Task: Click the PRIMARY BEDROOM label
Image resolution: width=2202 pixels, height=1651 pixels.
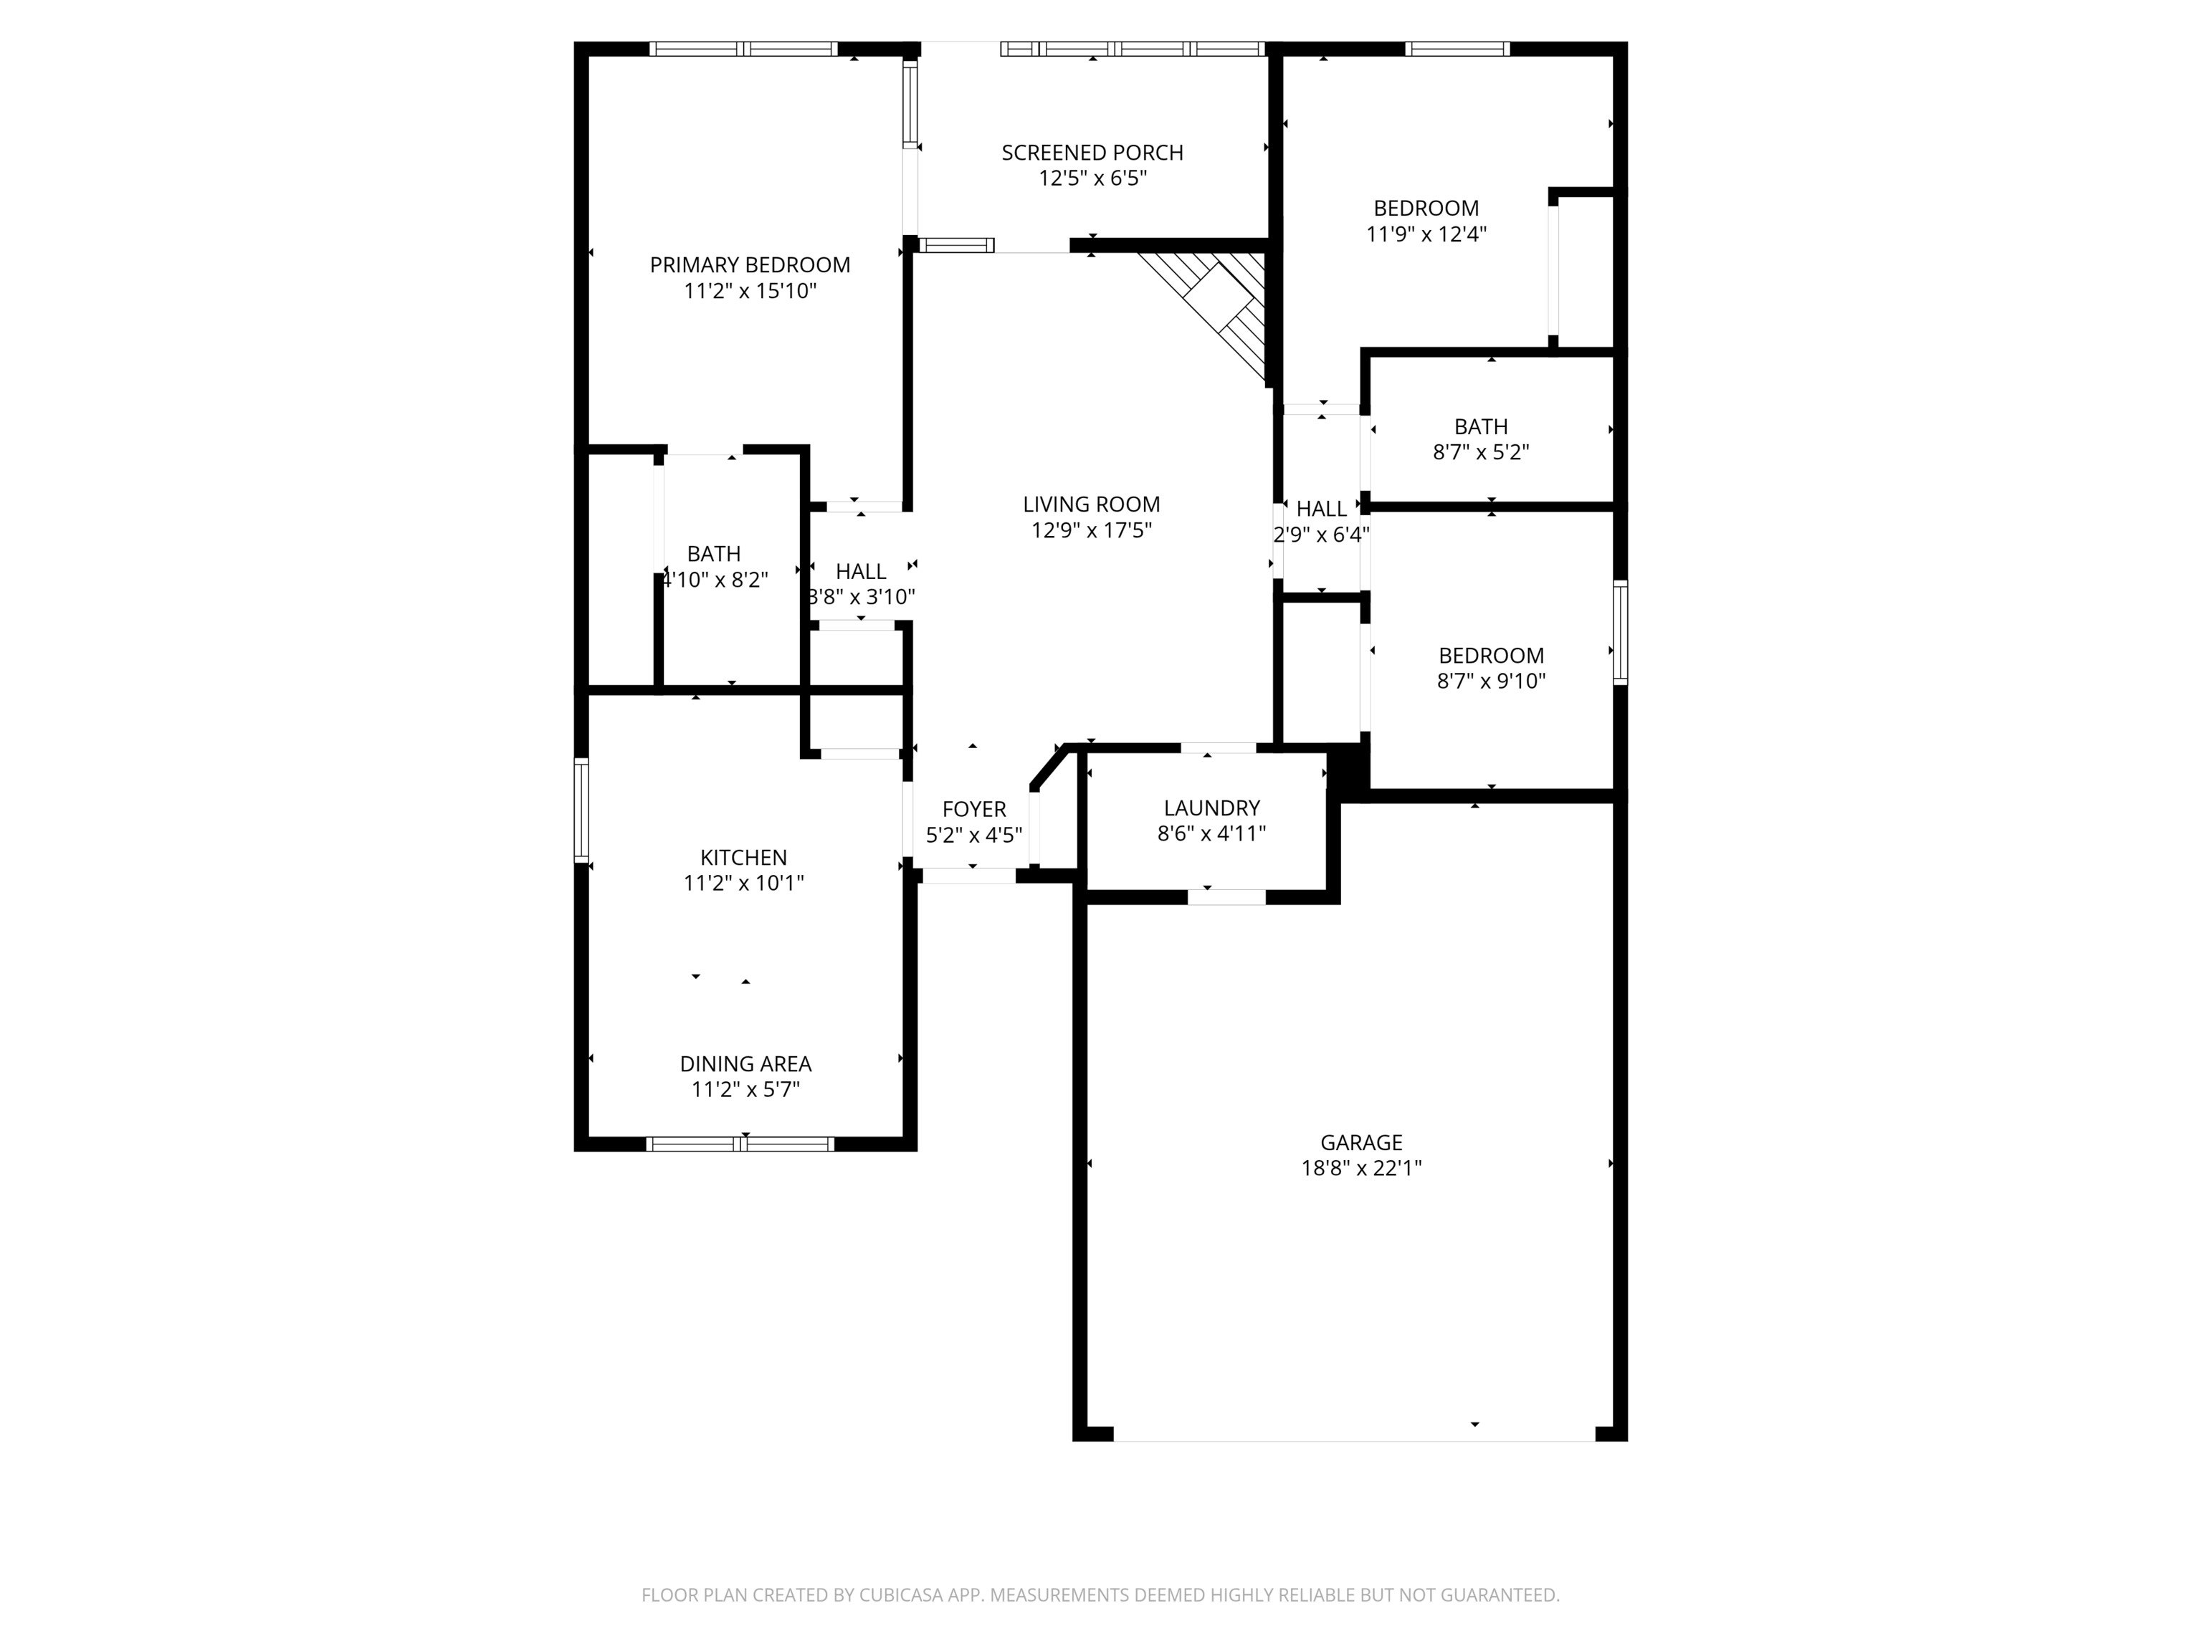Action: coord(750,264)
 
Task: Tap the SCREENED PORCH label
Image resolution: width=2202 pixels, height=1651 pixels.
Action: coord(1092,152)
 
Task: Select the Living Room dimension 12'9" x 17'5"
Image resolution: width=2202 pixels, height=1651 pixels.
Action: coord(1091,530)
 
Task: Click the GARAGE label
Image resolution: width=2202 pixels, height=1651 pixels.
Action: coord(1360,1142)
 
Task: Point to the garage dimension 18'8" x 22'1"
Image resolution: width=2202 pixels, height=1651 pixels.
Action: coord(1360,1168)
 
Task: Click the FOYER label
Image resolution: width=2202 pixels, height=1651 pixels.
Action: coord(973,809)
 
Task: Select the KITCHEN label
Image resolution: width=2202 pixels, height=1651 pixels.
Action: coord(743,857)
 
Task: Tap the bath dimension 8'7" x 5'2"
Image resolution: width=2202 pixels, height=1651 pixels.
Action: coord(1480,453)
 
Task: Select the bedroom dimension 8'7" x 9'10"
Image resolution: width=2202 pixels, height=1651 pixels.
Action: coord(1490,681)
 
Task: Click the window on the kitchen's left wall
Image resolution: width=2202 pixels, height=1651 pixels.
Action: coord(581,809)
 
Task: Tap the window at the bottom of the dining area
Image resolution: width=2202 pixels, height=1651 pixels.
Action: coord(740,1144)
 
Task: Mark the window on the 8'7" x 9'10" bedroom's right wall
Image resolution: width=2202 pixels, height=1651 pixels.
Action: coord(1620,633)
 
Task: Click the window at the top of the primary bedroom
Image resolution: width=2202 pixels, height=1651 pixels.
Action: coord(743,49)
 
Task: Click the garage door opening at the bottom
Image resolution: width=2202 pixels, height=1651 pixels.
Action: coord(1354,1434)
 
